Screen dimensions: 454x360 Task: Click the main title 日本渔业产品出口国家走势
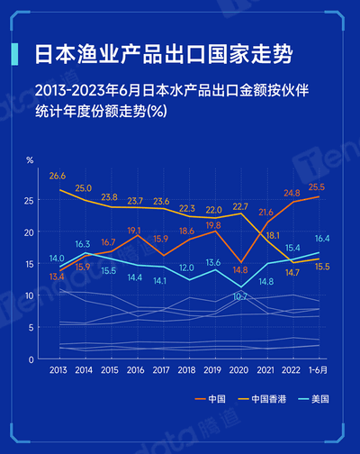point(162,53)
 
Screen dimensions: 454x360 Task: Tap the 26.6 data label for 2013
point(58,175)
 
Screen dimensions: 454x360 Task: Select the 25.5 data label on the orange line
point(317,186)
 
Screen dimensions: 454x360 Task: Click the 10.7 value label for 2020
point(240,296)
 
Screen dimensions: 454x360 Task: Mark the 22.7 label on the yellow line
point(239,206)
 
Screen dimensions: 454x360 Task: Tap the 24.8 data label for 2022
point(290,193)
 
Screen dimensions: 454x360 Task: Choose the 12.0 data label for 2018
point(186,268)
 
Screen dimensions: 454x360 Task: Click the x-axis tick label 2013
point(58,371)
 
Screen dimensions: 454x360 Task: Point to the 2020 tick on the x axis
point(239,371)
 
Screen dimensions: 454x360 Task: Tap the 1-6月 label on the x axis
point(317,371)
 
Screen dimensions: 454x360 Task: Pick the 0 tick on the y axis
point(32,359)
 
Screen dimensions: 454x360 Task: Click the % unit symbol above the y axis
point(30,159)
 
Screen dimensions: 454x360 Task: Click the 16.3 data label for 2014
point(82,244)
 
